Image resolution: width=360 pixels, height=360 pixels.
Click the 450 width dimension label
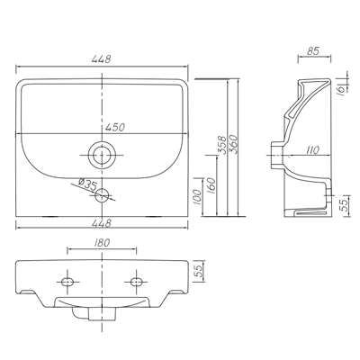tap(114, 127)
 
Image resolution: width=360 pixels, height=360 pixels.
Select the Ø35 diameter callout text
tap(86, 184)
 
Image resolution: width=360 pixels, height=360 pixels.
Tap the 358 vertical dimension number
tap(221, 145)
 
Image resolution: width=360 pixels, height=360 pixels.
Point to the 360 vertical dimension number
tap(233, 145)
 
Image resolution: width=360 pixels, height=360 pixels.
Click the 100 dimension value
tap(197, 197)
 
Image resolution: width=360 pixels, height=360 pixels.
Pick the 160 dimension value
tap(211, 185)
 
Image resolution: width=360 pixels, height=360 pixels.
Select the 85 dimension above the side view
tap(313, 51)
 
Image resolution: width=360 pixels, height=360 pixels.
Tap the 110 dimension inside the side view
tap(312, 150)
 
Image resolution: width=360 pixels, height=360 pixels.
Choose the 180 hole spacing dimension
tap(102, 243)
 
